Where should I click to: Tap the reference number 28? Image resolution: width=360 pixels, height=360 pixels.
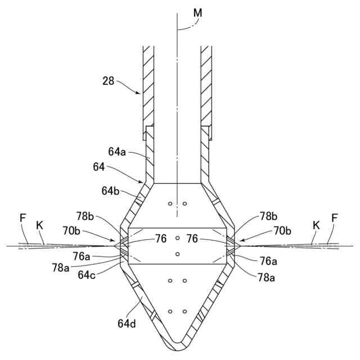(109, 81)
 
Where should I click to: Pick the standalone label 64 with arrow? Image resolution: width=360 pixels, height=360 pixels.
(99, 167)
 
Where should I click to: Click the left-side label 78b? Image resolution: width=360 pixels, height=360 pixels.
(86, 216)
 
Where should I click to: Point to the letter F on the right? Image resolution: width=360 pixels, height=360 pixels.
(335, 217)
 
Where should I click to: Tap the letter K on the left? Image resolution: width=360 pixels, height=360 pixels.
(39, 224)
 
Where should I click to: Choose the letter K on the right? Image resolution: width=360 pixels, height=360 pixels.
(316, 224)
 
